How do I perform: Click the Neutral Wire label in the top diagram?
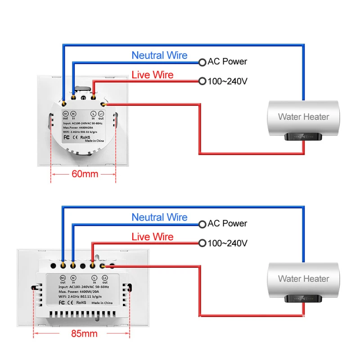point(159,55)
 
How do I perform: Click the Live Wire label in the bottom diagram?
point(152,237)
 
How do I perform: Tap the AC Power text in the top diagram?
point(227,61)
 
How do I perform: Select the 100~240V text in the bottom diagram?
point(227,243)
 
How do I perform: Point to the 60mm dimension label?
point(84,174)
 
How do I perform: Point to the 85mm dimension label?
point(84,333)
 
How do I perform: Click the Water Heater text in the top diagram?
point(303,117)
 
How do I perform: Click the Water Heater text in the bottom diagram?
point(303,279)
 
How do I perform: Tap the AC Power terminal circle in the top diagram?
point(202,62)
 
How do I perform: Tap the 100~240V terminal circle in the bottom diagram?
point(202,243)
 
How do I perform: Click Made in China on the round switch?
point(94,141)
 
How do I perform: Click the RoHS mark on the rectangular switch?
point(81,303)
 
